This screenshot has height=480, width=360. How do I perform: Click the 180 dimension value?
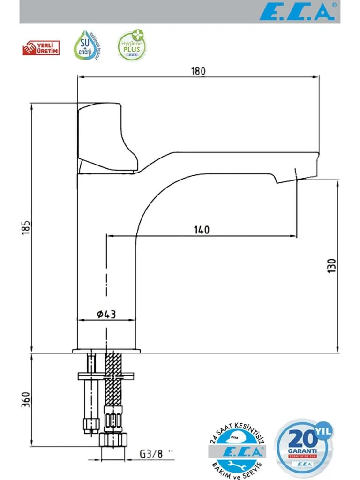pyautogui.click(x=198, y=71)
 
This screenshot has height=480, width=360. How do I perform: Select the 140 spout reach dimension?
pyautogui.click(x=202, y=230)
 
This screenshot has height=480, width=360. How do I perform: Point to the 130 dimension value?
pyautogui.click(x=332, y=266)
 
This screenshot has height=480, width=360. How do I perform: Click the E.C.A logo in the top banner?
pyautogui.click(x=297, y=12)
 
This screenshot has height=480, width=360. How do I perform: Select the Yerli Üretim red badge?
pyautogui.click(x=41, y=48)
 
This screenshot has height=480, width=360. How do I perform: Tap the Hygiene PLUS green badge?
pyautogui.click(x=130, y=46)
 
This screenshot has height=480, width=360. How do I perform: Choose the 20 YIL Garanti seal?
pyautogui.click(x=304, y=445)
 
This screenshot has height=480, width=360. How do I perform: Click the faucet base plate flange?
pyautogui.click(x=106, y=351)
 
